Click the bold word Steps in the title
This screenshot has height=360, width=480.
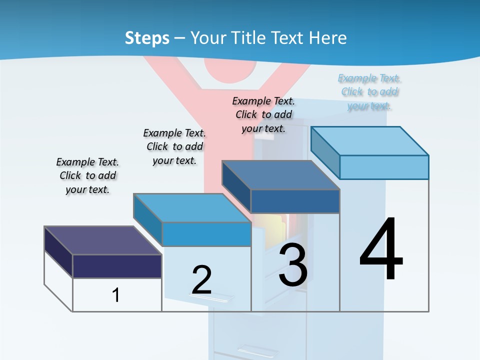click(147, 38)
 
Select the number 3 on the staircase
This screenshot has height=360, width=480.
click(293, 265)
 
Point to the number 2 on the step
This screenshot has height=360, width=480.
click(201, 280)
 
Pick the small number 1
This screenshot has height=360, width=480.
click(116, 295)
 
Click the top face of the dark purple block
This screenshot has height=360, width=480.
click(102, 240)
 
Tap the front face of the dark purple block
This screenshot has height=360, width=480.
click(117, 266)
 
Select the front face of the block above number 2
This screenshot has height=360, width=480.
click(206, 234)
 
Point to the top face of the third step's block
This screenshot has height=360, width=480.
click(280, 175)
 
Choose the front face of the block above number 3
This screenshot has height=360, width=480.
click(295, 201)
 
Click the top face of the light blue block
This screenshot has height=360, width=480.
click(370, 141)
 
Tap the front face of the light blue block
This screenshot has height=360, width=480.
click(384, 167)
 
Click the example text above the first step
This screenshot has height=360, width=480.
click(87, 175)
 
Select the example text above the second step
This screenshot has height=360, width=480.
click(174, 146)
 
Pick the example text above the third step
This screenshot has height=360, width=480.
click(263, 114)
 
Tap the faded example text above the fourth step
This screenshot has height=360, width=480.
click(369, 92)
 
